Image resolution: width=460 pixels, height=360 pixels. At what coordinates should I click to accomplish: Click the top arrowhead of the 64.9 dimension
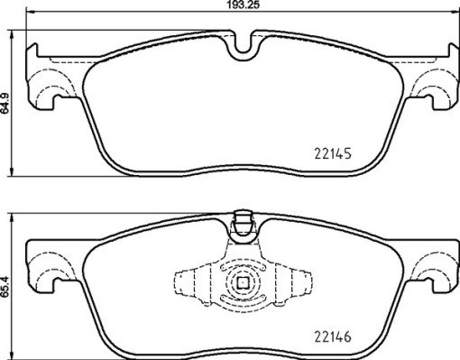tap(13, 39)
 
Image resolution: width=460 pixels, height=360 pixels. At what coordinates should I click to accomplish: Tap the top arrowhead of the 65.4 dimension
tap(13, 217)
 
